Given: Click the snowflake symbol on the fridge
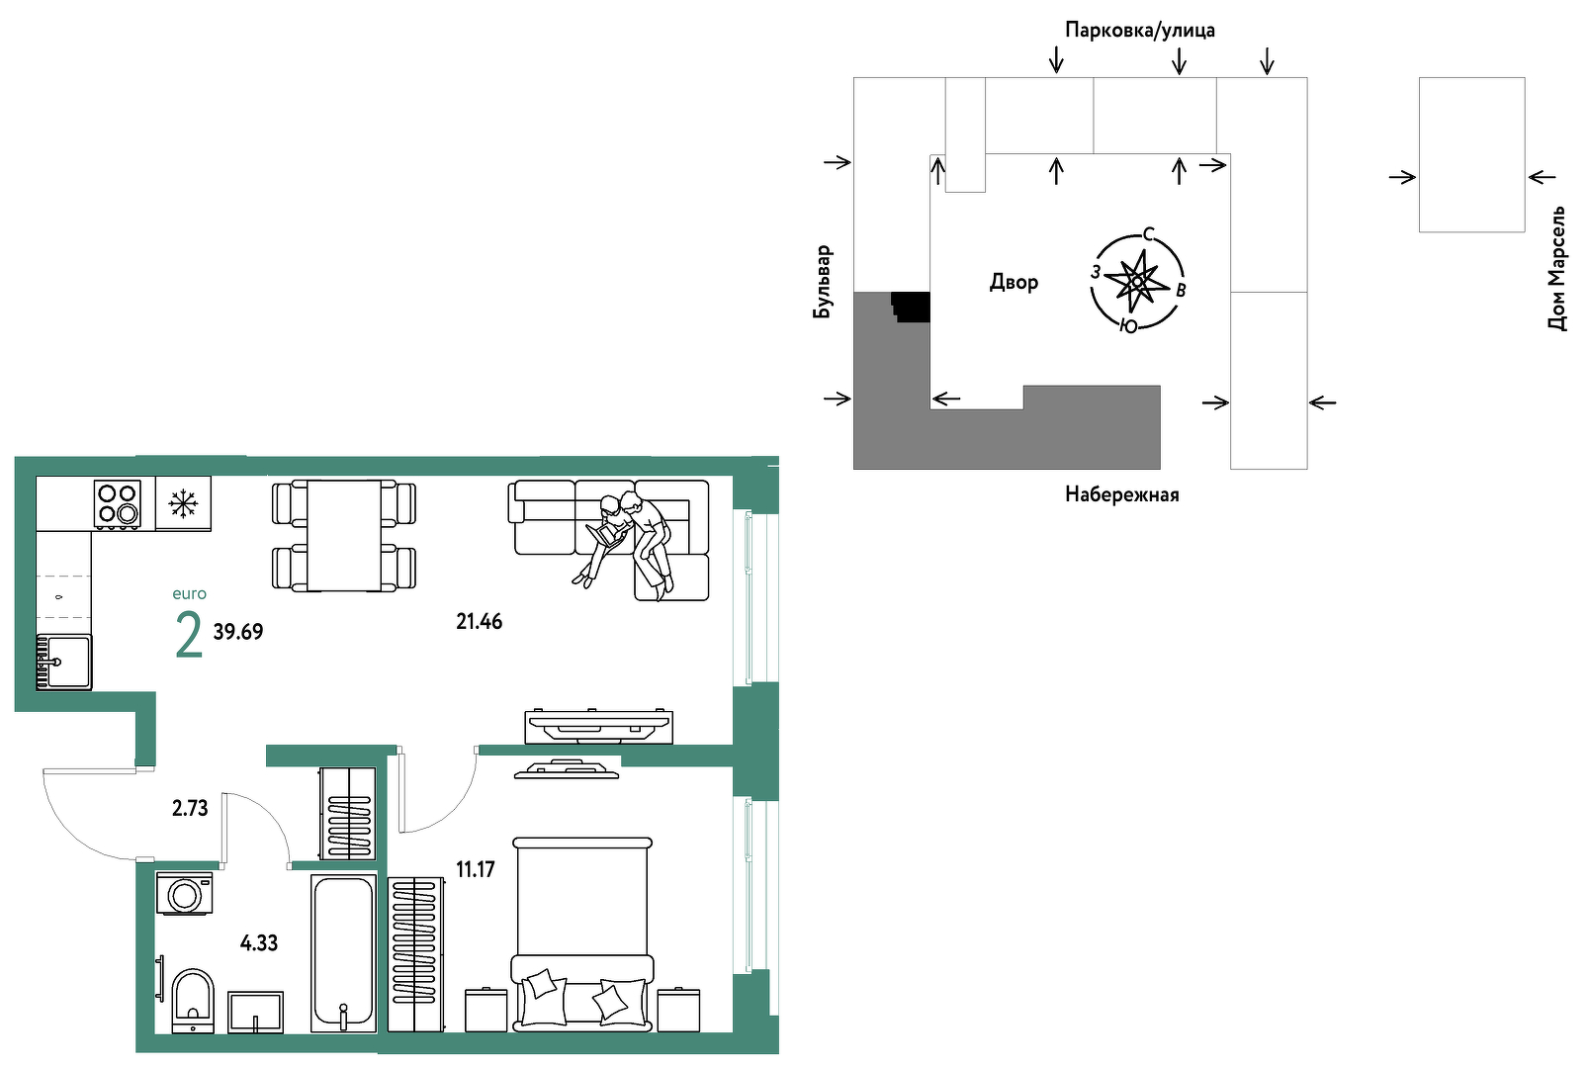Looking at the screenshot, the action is [x=183, y=503].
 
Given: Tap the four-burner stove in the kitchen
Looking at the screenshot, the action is [x=118, y=504].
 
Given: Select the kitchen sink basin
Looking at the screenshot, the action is [x=64, y=662].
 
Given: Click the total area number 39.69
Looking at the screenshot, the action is [x=238, y=632].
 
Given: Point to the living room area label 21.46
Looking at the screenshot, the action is [x=480, y=622].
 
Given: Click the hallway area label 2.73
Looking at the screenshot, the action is [x=190, y=808].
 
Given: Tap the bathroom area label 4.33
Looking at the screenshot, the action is [x=259, y=943].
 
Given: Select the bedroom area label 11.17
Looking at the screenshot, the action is [x=476, y=869].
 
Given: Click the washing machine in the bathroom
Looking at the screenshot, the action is [x=185, y=893].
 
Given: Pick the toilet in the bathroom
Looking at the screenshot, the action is [x=192, y=1000].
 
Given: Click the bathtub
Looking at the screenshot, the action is [x=343, y=953].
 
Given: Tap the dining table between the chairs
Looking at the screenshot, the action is [x=344, y=535].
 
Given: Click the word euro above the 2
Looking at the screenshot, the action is [x=190, y=594].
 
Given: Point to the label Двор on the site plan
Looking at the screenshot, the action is [x=1014, y=283].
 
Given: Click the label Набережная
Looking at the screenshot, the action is [x=1122, y=494].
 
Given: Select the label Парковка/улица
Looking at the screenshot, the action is [x=1140, y=31].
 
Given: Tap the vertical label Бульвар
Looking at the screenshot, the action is [x=822, y=282].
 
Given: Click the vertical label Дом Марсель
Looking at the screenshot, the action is [x=1557, y=268].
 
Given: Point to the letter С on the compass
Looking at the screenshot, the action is [x=1148, y=234].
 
